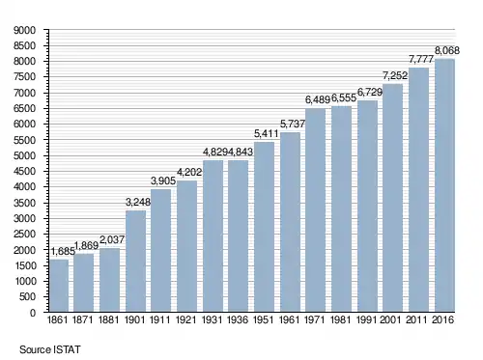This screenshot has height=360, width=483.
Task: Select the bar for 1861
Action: (59, 286)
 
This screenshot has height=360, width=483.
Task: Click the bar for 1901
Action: (135, 261)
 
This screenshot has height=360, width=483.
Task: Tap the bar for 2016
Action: (444, 185)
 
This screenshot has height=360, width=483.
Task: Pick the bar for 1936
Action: (239, 235)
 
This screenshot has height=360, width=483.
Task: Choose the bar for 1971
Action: (316, 210)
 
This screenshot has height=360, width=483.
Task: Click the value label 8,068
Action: (447, 50)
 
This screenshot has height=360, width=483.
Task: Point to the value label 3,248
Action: (138, 202)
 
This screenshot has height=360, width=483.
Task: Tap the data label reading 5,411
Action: (267, 133)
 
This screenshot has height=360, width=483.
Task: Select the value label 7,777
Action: (421, 59)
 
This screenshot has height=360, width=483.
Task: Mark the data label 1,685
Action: (63, 251)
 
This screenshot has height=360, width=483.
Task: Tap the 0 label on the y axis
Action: (33, 313)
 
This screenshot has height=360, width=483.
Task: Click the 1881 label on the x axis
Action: (108, 319)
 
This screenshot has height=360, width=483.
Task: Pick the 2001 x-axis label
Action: (390, 319)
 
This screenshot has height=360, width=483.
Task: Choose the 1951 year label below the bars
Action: (264, 319)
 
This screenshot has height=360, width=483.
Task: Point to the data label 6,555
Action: (344, 98)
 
